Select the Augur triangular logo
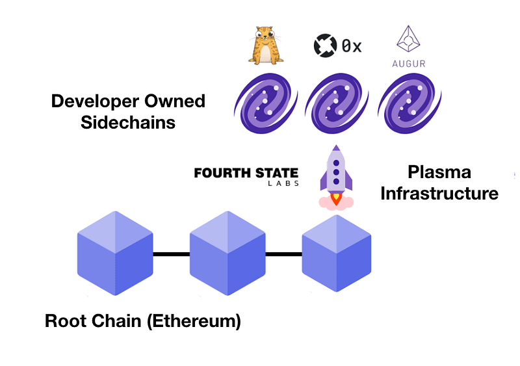tap(408, 41)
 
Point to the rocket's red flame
tap(336, 199)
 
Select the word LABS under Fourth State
tap(283, 184)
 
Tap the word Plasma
tap(439, 172)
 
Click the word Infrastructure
tap(439, 193)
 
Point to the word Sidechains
tap(128, 122)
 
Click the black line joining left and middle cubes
tap(172, 254)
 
